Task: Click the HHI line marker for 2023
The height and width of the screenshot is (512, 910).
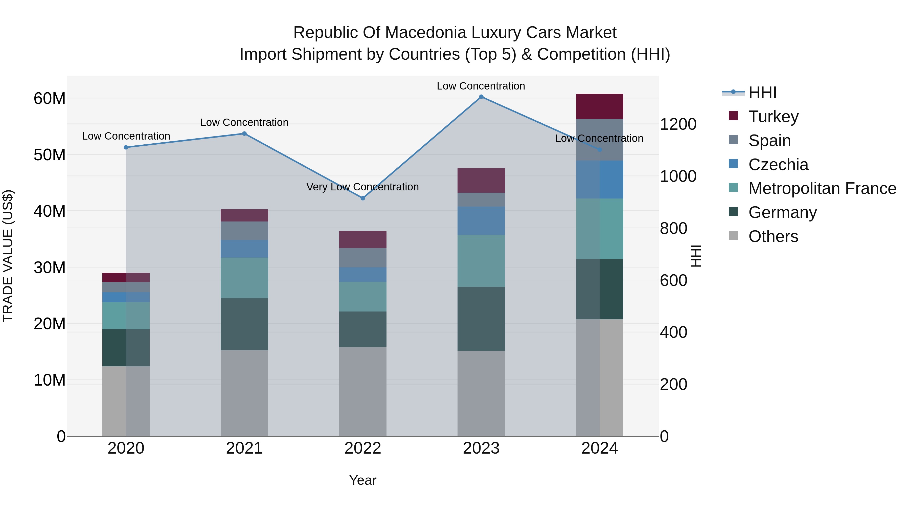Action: click(481, 97)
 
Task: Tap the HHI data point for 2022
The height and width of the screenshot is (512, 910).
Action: click(363, 198)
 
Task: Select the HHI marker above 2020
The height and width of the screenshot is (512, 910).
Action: click(126, 147)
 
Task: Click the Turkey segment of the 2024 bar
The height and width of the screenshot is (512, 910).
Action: click(600, 106)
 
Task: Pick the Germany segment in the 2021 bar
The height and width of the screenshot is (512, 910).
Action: click(244, 324)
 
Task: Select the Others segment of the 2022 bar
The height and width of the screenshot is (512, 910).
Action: click(363, 391)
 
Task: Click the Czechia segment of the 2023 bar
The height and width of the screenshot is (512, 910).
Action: click(481, 221)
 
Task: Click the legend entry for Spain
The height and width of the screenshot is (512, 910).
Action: click(769, 141)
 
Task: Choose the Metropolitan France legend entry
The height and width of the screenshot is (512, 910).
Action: click(822, 188)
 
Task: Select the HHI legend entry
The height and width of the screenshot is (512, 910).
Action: click(762, 93)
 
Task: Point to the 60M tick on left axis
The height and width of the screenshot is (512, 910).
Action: click(50, 99)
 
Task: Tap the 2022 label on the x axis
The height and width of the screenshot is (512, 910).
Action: click(363, 448)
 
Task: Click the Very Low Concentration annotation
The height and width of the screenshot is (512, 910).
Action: click(362, 187)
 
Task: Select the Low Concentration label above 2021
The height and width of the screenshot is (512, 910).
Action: click(244, 123)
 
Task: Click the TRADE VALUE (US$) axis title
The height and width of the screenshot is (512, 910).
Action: click(8, 256)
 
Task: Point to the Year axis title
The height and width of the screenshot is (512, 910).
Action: click(363, 480)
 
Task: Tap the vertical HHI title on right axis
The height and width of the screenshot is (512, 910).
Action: click(696, 256)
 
